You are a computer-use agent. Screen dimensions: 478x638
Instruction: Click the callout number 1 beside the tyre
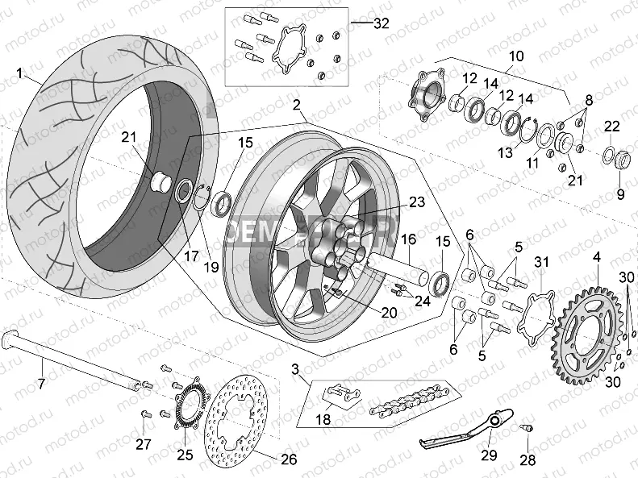(19, 73)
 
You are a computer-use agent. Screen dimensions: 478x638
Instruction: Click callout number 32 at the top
(382, 23)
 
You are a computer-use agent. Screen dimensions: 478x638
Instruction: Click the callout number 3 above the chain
(295, 369)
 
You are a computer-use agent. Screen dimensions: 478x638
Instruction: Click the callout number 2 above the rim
(298, 105)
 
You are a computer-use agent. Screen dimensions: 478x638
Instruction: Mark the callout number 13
(506, 153)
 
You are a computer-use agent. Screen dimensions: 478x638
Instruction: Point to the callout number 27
(143, 443)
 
